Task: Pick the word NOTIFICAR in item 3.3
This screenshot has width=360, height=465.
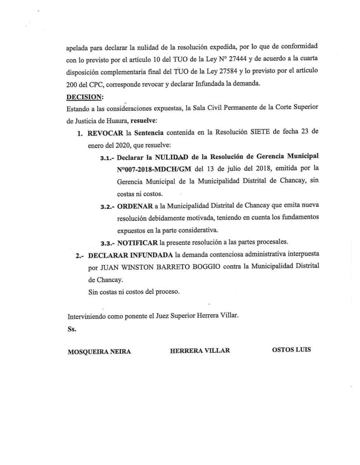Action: pyautogui.click(x=138, y=242)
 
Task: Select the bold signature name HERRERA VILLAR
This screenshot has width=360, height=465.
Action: pyautogui.click(x=200, y=350)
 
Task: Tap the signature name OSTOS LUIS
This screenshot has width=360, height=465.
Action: pyautogui.click(x=291, y=350)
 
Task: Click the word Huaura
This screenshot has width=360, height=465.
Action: pyautogui.click(x=117, y=121)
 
